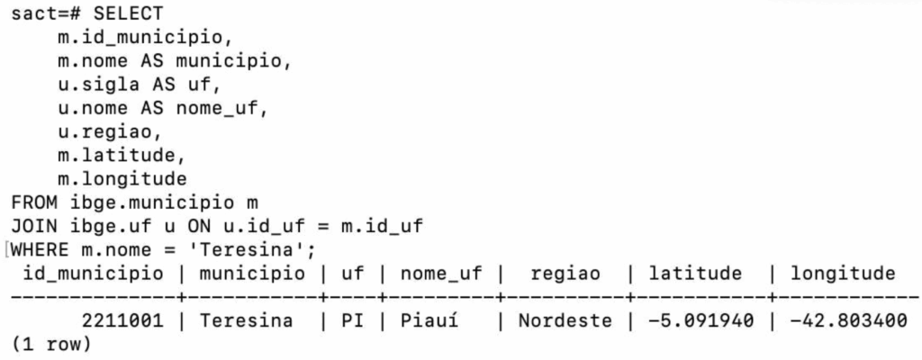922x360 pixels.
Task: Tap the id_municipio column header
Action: (94, 273)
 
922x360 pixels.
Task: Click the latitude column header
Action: (696, 273)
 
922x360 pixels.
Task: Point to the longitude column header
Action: (843, 273)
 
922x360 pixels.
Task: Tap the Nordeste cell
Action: (565, 320)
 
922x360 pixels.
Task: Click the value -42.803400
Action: (843, 320)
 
